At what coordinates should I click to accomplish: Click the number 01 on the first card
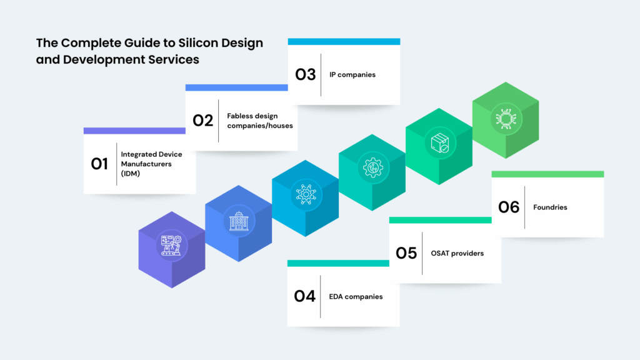[x=99, y=164]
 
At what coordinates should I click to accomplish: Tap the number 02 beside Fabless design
[x=203, y=121]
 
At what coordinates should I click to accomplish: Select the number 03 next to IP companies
[x=305, y=74]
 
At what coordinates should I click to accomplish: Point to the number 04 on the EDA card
[x=304, y=296]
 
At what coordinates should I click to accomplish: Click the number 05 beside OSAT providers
[x=406, y=253]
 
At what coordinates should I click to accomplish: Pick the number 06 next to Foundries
[x=509, y=207]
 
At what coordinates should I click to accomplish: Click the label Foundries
[x=550, y=207]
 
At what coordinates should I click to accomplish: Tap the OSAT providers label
[x=457, y=254]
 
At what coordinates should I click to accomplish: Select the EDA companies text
[x=356, y=297]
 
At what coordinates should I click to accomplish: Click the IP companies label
[x=352, y=75]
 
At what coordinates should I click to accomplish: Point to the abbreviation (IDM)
[x=130, y=174]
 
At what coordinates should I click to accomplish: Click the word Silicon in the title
[x=198, y=43]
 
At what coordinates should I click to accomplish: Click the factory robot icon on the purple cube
[x=171, y=245]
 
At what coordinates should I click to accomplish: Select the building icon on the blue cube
[x=239, y=221]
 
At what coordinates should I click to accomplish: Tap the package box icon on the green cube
[x=439, y=143]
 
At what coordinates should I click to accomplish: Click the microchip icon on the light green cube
[x=506, y=119]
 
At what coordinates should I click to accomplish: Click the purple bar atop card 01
[x=134, y=131]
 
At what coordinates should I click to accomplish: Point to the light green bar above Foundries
[x=547, y=174]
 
